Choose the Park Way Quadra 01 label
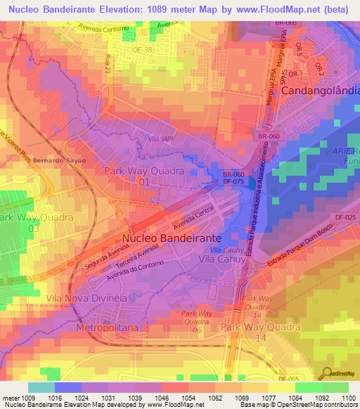(x=143, y=176)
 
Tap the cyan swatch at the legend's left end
(x=41, y=387)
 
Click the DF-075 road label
(x=233, y=181)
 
